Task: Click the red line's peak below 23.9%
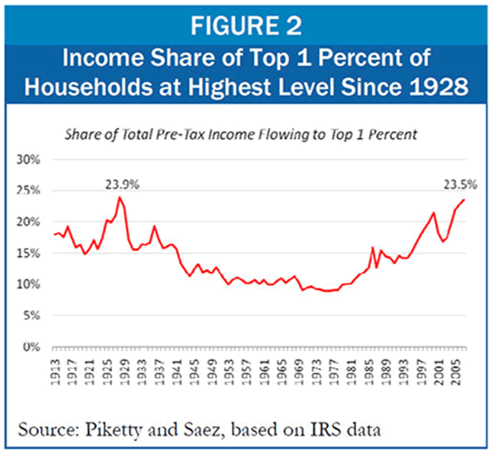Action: point(120,197)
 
